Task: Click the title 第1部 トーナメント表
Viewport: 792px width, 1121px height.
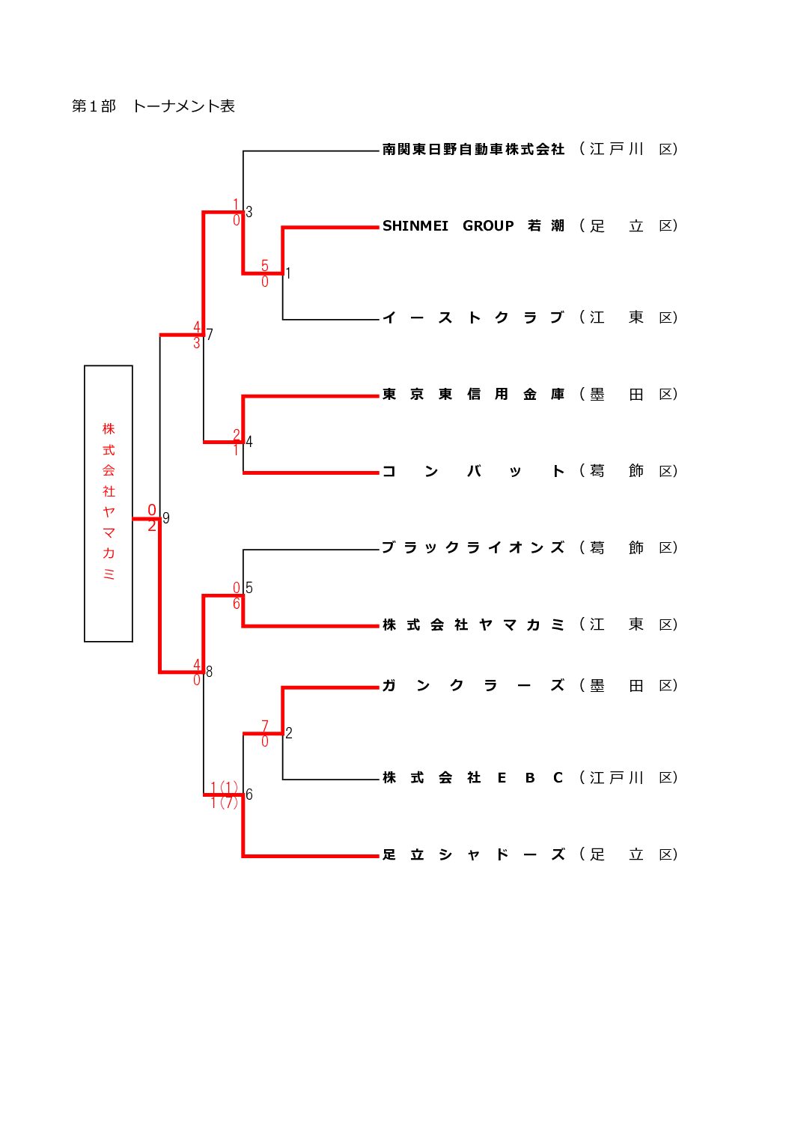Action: tap(153, 106)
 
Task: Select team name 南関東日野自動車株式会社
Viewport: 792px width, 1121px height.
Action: tap(473, 150)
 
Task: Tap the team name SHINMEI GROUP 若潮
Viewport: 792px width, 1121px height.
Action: tap(473, 226)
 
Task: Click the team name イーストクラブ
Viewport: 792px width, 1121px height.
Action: tap(473, 318)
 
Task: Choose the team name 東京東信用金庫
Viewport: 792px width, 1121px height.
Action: tap(473, 395)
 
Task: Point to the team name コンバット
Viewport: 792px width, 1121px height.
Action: tap(473, 471)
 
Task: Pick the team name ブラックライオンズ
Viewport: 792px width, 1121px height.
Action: tap(473, 548)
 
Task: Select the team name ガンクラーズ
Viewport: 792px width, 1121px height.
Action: tap(473, 686)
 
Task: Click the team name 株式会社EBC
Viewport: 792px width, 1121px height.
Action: tap(473, 778)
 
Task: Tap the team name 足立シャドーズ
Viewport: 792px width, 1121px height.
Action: tap(473, 854)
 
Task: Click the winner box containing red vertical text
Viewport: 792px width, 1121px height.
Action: tap(109, 503)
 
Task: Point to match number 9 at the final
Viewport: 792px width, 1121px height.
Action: tap(166, 518)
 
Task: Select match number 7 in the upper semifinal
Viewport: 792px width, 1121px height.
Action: tap(210, 335)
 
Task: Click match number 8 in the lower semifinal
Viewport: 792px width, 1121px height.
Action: tap(209, 672)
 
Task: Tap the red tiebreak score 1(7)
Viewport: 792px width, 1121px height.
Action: tap(224, 803)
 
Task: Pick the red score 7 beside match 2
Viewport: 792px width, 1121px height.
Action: tap(264, 726)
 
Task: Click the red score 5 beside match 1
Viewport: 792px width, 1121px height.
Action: tap(264, 266)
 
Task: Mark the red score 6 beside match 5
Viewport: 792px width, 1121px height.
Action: tap(237, 604)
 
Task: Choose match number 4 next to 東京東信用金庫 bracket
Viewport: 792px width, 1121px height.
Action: tap(249, 442)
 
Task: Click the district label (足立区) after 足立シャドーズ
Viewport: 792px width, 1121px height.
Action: tap(628, 854)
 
